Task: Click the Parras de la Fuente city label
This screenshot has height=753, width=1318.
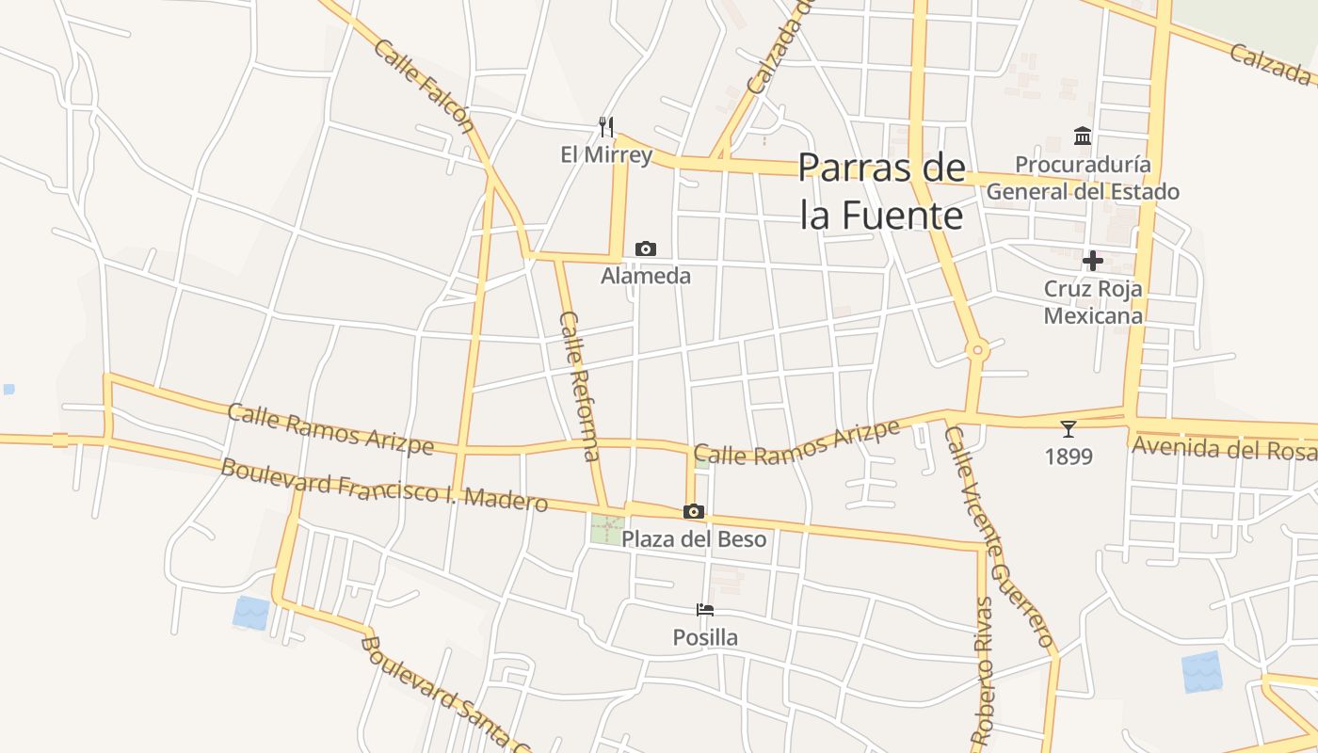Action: pos(882,191)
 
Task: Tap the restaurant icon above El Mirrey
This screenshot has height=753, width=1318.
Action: pos(606,127)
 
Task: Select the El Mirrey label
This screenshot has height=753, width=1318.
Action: pos(606,155)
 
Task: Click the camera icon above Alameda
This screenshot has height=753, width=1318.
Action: pos(646,248)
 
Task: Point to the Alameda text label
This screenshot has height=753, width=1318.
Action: pos(646,276)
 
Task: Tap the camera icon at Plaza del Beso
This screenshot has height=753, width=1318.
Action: pos(694,511)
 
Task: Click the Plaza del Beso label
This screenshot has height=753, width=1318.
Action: pos(694,539)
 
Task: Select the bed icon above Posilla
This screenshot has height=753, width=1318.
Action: pos(705,610)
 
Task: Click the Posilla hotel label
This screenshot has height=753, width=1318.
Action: pos(705,637)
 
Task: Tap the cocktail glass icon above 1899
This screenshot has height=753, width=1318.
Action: pos(1069,429)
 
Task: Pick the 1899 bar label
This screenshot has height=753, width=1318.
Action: pos(1069,457)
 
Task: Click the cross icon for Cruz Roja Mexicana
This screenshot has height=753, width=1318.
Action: pos(1093,261)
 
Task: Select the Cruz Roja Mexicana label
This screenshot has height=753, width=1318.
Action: pos(1093,302)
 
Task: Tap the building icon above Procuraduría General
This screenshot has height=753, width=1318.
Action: pos(1083,136)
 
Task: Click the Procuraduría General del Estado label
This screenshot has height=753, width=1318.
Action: pos(1083,178)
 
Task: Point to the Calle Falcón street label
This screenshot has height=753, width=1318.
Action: pos(423,86)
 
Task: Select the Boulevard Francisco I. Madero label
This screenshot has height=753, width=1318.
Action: pos(383,485)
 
